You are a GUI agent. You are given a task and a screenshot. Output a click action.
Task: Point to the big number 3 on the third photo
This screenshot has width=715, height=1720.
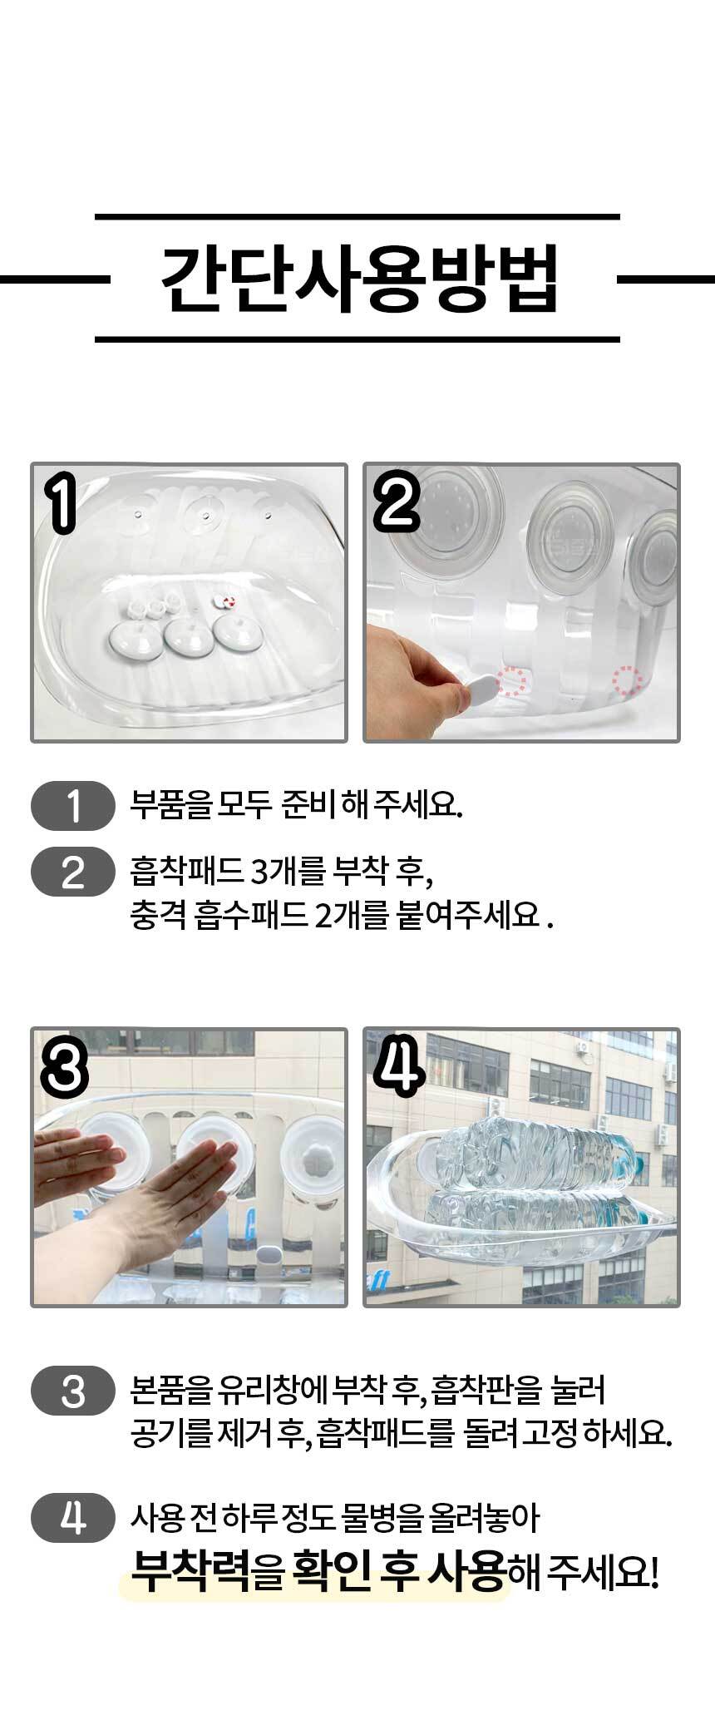pyautogui.click(x=64, y=1070)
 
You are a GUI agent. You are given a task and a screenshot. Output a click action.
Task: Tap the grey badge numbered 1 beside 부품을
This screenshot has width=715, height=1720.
pyautogui.click(x=73, y=806)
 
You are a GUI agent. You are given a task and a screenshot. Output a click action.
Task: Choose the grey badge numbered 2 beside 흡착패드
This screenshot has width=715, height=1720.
pyautogui.click(x=73, y=871)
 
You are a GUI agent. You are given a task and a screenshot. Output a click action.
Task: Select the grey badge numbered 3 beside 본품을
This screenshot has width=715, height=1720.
pyautogui.click(x=73, y=1390)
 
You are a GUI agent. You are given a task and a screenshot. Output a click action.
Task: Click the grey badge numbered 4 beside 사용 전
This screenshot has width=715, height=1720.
pyautogui.click(x=73, y=1495)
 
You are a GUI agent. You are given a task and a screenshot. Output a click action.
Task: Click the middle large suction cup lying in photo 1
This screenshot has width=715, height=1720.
pyautogui.click(x=188, y=635)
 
